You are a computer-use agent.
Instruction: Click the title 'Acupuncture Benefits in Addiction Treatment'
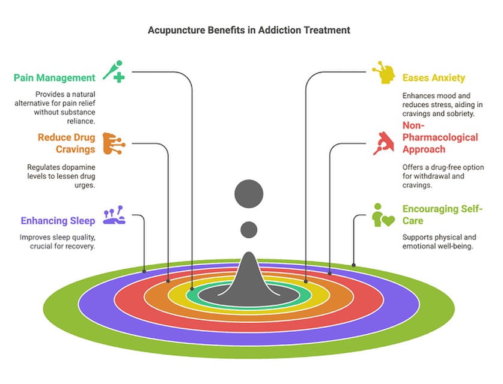click(x=249, y=30)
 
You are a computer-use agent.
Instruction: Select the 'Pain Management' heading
click(x=55, y=78)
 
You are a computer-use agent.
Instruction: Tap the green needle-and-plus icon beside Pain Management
click(x=114, y=71)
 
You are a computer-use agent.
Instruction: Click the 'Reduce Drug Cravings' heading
click(x=66, y=143)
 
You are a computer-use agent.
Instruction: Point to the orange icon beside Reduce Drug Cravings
click(x=114, y=143)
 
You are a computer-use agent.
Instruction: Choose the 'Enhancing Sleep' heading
click(x=58, y=221)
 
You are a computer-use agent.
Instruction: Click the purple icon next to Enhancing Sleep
click(x=114, y=215)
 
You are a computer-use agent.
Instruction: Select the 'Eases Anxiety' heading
click(x=434, y=78)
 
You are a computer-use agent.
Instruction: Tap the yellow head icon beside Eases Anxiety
click(x=383, y=73)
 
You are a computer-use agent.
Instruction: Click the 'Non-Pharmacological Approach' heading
click(x=440, y=137)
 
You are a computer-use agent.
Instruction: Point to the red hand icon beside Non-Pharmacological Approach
click(x=383, y=143)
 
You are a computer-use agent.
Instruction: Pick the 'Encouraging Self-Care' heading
click(x=442, y=215)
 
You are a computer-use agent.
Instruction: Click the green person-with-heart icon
click(x=383, y=215)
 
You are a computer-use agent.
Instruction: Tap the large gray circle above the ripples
click(x=249, y=194)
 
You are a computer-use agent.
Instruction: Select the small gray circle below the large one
click(x=249, y=230)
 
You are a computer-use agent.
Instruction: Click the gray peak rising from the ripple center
click(x=249, y=275)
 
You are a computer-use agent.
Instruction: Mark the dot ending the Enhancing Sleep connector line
click(x=144, y=271)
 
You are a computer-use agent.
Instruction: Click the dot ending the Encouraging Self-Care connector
click(x=353, y=265)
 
